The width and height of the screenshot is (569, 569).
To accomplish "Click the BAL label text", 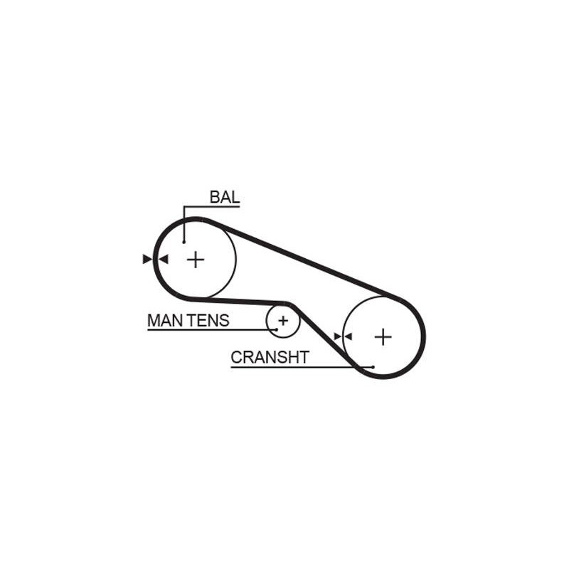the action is click(x=225, y=197).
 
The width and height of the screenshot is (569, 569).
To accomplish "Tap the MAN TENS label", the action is click(x=188, y=321).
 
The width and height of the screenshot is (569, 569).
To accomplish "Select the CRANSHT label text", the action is click(x=270, y=358).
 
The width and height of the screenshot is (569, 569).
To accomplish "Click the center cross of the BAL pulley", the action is click(x=196, y=260).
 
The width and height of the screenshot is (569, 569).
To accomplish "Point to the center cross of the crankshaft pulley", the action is click(x=383, y=337).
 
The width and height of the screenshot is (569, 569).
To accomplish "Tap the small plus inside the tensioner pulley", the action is click(x=283, y=321).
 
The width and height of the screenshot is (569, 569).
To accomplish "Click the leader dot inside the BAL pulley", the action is click(x=184, y=242).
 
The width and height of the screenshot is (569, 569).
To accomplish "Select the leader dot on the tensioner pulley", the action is click(x=277, y=329).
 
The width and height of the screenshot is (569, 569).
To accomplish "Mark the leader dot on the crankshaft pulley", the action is click(x=373, y=367).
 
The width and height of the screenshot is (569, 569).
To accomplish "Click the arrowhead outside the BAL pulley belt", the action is click(x=147, y=259).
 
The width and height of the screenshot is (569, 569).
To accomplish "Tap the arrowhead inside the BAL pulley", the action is click(x=164, y=259).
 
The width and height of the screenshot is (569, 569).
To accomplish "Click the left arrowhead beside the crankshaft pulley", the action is click(x=338, y=336).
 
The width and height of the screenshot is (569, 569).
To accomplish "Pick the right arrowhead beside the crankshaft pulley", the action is click(x=348, y=336).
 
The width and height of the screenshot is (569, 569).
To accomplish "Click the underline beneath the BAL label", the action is click(x=212, y=207).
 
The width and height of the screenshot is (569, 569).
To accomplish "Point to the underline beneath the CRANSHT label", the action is click(x=302, y=367).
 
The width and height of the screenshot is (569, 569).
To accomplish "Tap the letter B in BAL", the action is click(x=215, y=197).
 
